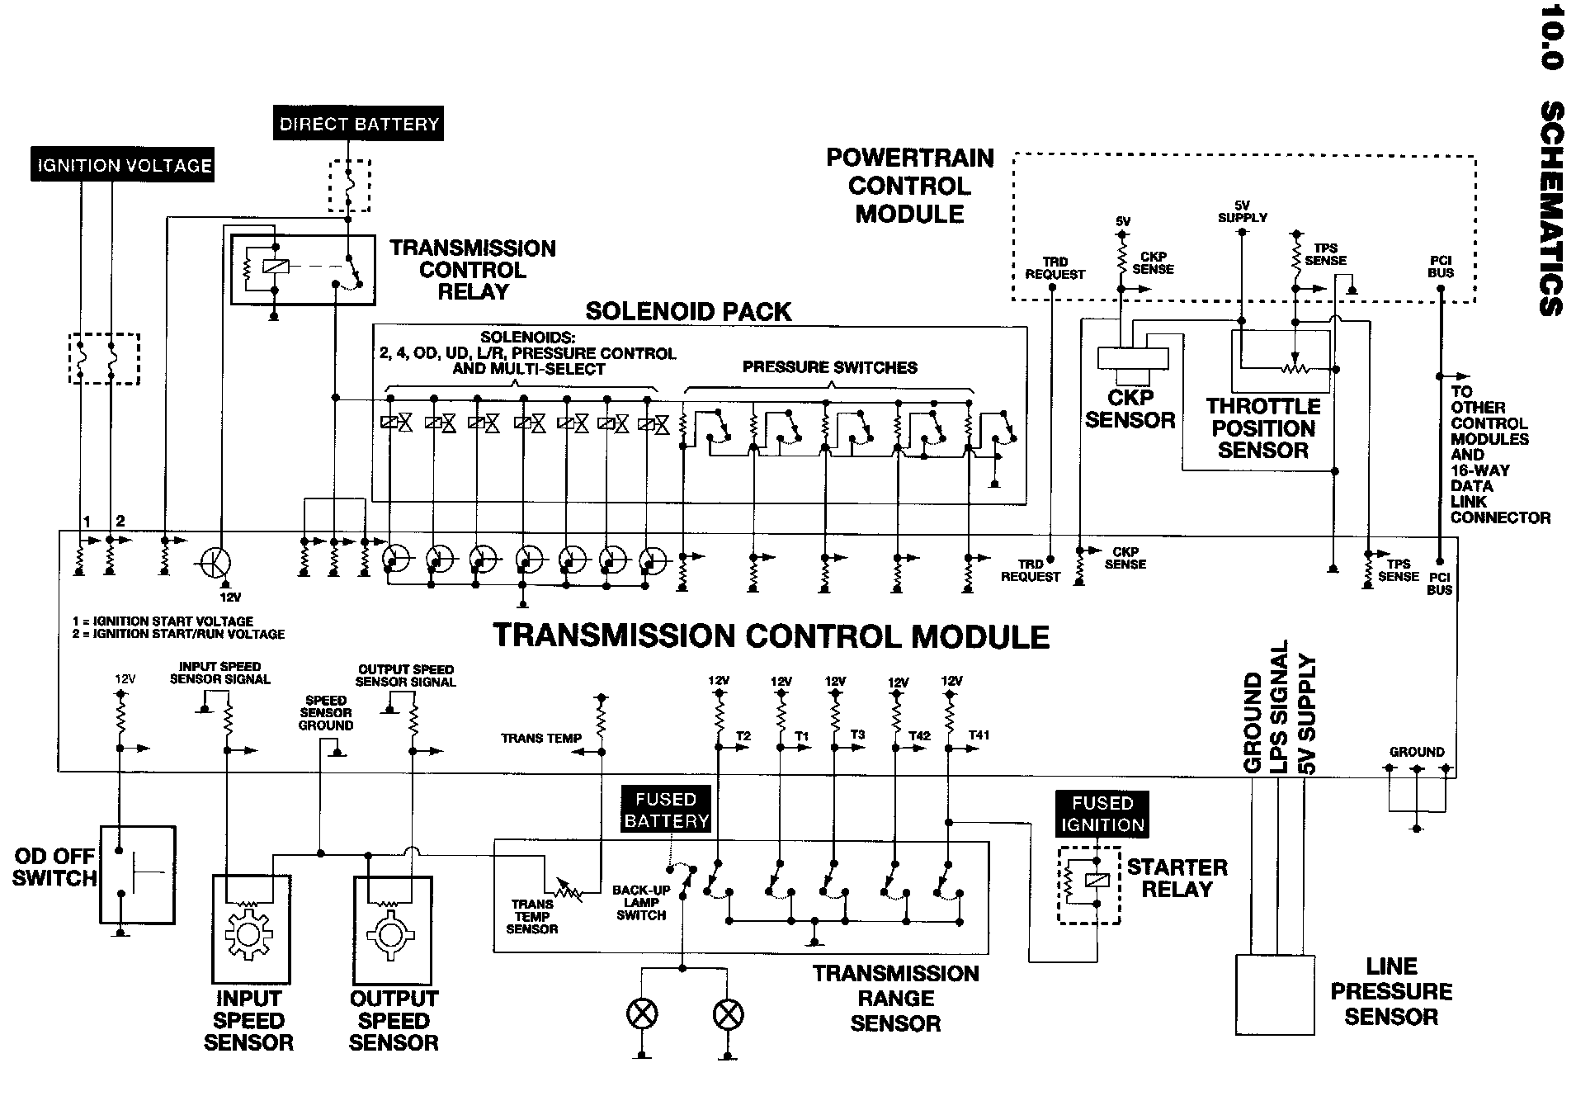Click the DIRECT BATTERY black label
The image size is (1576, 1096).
pyautogui.click(x=358, y=124)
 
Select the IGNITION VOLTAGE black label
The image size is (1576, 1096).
pyautogui.click(x=124, y=165)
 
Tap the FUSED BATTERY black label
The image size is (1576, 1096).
pyautogui.click(x=666, y=810)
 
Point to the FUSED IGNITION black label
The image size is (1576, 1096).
pyautogui.click(x=1102, y=814)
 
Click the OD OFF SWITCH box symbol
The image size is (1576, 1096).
pyautogui.click(x=138, y=874)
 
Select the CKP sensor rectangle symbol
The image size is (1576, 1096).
pyautogui.click(x=1133, y=358)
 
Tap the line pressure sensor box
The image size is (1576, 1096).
pyautogui.click(x=1274, y=994)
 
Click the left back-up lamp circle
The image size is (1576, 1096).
pyautogui.click(x=643, y=1014)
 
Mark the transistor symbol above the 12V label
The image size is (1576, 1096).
pyautogui.click(x=216, y=563)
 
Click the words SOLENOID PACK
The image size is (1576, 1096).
pyautogui.click(x=688, y=311)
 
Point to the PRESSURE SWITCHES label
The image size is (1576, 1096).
pyautogui.click(x=829, y=367)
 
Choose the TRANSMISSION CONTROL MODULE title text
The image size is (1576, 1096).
pyautogui.click(x=771, y=636)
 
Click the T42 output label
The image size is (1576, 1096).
pyautogui.click(x=919, y=735)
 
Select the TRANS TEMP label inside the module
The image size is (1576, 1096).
pyautogui.click(x=541, y=738)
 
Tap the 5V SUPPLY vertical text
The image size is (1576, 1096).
pyautogui.click(x=1306, y=715)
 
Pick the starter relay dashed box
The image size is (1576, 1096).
pyautogui.click(x=1089, y=884)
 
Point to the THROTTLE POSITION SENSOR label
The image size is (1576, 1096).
pyautogui.click(x=1263, y=428)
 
